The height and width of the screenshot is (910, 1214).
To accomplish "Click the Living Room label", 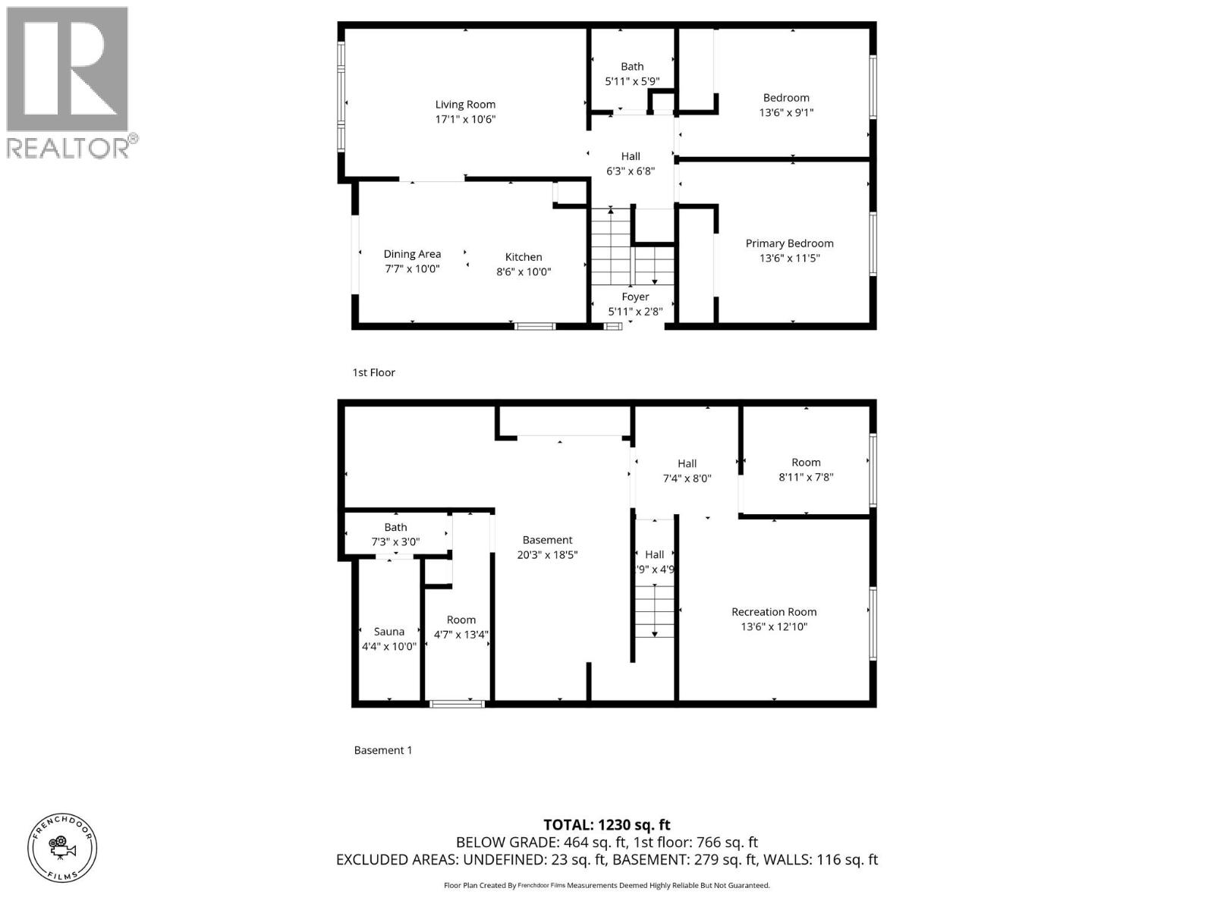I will (465, 105).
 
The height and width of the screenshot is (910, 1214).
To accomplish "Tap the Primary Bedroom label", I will (789, 243).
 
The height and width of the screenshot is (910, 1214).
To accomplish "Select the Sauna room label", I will (389, 632).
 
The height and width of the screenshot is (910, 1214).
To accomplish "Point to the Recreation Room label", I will (774, 612).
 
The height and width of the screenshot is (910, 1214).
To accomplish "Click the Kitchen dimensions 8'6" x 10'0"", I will (524, 271).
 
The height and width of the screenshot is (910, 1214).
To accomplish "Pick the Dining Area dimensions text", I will (412, 268).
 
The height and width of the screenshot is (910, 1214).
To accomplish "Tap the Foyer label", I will (635, 297).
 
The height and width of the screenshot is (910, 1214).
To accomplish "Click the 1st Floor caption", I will (373, 372).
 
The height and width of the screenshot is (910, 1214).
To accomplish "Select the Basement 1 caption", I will (383, 750).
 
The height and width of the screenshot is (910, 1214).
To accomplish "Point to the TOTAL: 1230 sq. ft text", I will (607, 825).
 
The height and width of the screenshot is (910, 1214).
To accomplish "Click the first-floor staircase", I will (631, 246).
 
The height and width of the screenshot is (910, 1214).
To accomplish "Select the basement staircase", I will (654, 610).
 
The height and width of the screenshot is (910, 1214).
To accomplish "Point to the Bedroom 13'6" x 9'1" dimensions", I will (786, 112).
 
